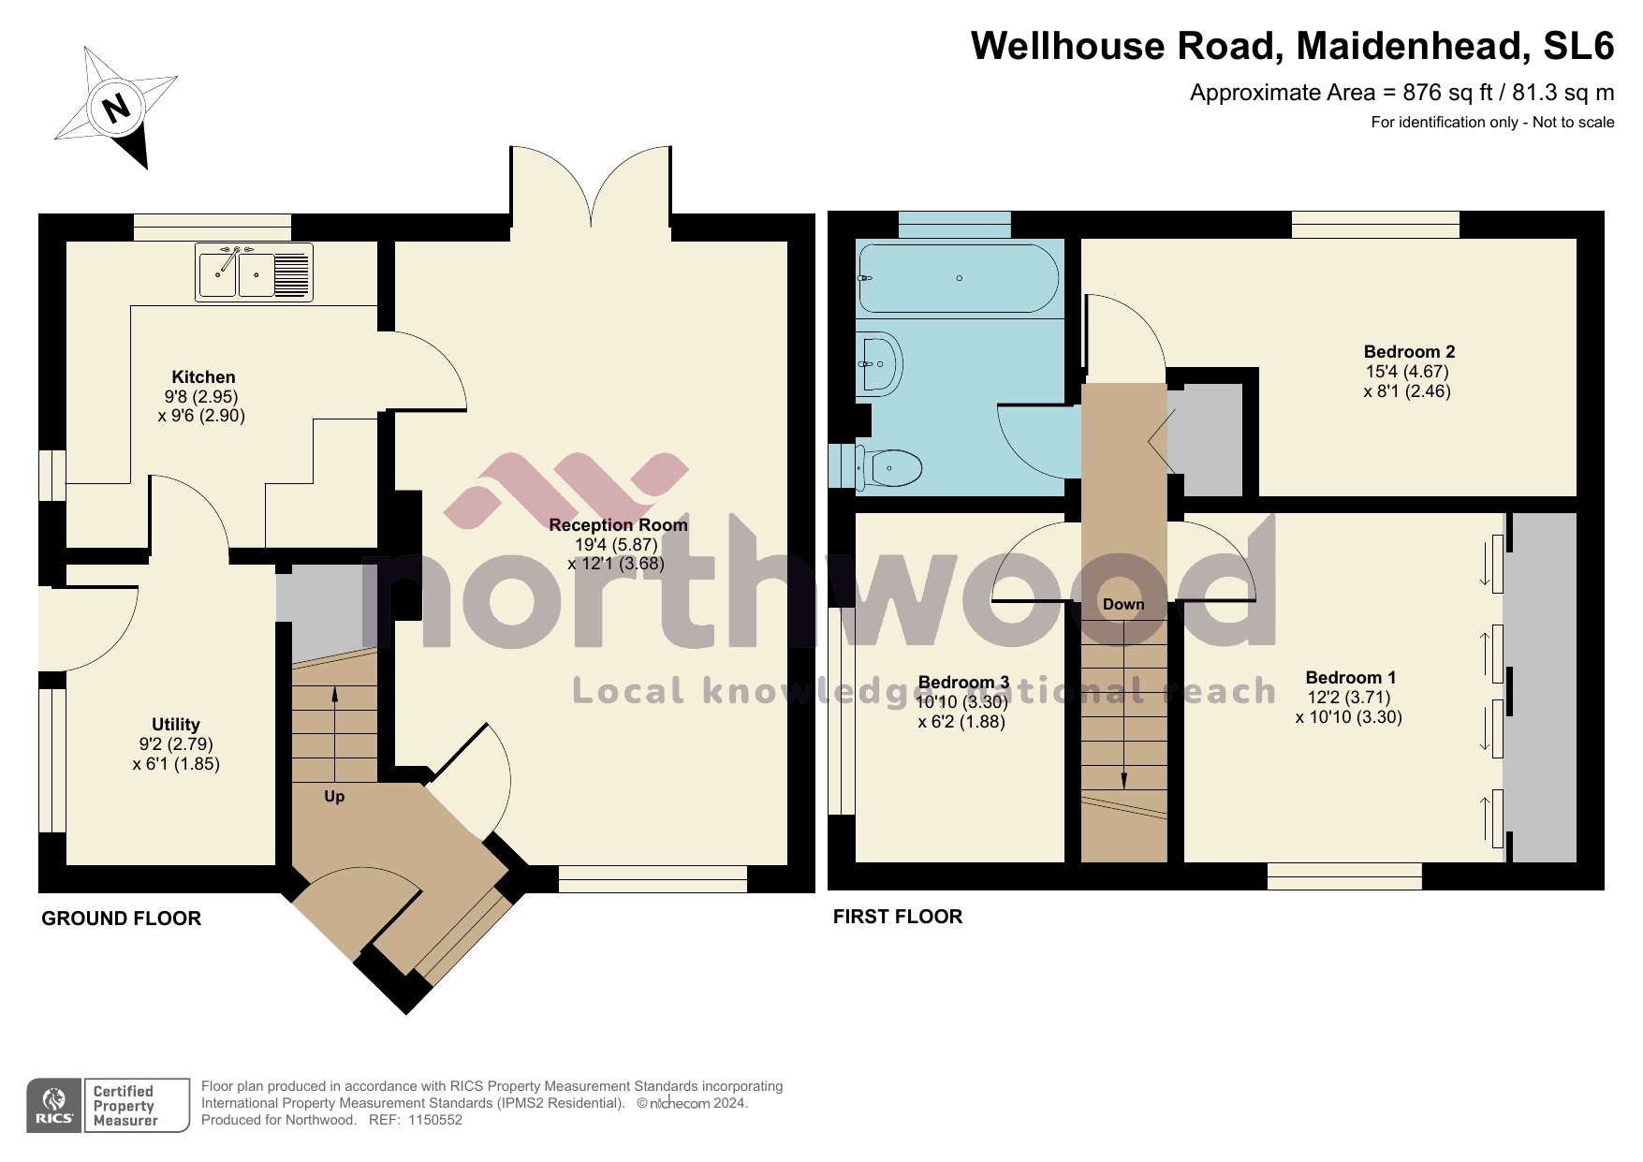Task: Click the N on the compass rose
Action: tap(116, 109)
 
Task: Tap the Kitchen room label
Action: tap(203, 377)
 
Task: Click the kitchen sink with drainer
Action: tap(253, 272)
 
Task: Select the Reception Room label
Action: tap(618, 525)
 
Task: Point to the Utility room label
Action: tap(176, 725)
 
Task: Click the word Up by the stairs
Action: tap(334, 797)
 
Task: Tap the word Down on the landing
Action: tap(1123, 605)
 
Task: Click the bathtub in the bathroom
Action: tap(959, 278)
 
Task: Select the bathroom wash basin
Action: tap(879, 364)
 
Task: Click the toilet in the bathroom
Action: tap(890, 466)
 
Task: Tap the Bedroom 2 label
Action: tap(1409, 352)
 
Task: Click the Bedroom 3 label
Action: tap(963, 683)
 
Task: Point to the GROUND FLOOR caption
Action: tap(122, 919)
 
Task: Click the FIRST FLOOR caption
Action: tap(898, 917)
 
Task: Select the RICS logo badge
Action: tap(54, 1106)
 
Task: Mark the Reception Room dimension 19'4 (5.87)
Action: tap(616, 545)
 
